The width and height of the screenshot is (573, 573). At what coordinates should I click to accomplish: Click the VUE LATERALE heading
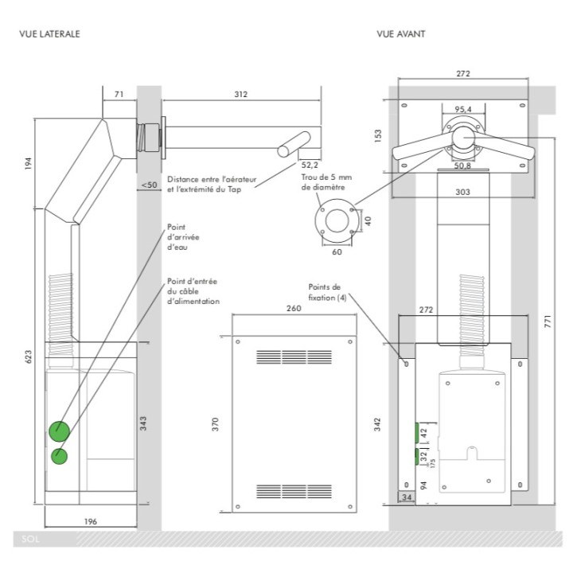(x=49, y=34)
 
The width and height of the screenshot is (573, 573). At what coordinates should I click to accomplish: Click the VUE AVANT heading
(x=401, y=34)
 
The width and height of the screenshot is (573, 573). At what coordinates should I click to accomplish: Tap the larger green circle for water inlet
(x=59, y=431)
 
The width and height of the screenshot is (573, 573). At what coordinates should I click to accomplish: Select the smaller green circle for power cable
(x=59, y=457)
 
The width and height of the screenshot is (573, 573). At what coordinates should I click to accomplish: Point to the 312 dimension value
(x=241, y=94)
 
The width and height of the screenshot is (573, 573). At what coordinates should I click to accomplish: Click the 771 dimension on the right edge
(x=548, y=322)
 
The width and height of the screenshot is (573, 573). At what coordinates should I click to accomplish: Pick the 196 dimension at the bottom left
(x=91, y=521)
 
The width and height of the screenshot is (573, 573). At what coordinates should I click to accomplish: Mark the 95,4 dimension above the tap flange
(x=463, y=109)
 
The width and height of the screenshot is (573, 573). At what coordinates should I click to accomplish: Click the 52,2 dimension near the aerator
(x=310, y=166)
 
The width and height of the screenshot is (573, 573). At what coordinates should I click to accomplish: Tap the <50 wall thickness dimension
(x=149, y=185)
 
